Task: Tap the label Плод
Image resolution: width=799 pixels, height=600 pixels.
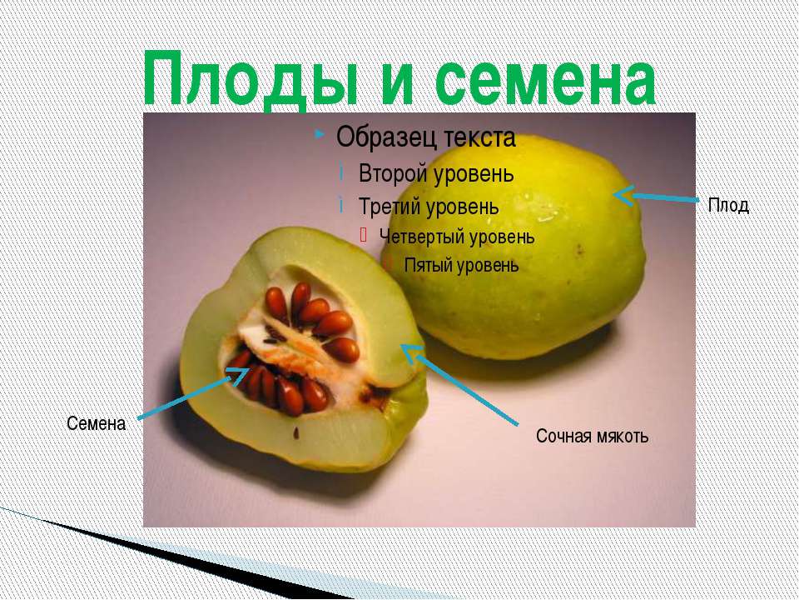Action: click(x=728, y=205)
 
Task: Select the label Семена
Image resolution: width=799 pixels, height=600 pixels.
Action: click(x=96, y=424)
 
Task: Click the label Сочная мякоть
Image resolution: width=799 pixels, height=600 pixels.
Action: click(x=592, y=436)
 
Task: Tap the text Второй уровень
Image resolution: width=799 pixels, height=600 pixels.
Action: click(x=436, y=174)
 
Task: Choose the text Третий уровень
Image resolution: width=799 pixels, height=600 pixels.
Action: click(x=429, y=205)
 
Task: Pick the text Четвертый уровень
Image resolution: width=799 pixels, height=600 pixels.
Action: click(x=456, y=236)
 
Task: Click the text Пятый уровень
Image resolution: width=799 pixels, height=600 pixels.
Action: click(x=461, y=266)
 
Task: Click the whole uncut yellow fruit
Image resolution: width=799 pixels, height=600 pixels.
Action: click(x=533, y=250)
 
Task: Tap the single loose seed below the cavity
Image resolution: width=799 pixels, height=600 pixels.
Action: click(x=295, y=433)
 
